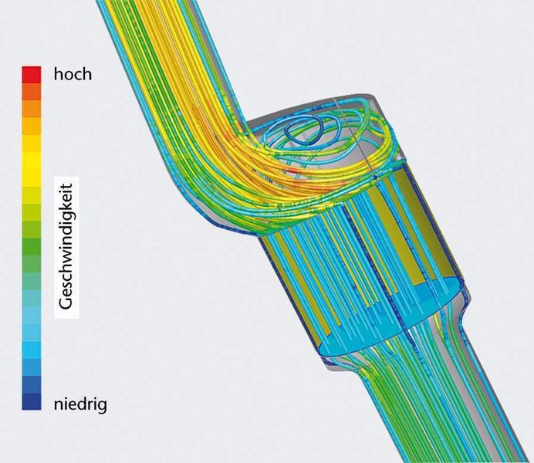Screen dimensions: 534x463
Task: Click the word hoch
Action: tap(73, 74)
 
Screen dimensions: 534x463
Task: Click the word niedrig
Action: tap(80, 404)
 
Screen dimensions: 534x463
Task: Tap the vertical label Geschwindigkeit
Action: tap(66, 247)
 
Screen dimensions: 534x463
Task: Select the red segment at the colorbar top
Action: tap(32, 75)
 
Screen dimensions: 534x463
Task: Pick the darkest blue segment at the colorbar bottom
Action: tap(32, 401)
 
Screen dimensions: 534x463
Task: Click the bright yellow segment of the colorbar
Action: tap(32, 161)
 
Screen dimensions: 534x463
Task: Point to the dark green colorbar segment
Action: tap(32, 247)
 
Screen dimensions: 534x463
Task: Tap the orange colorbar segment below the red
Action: tap(32, 92)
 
